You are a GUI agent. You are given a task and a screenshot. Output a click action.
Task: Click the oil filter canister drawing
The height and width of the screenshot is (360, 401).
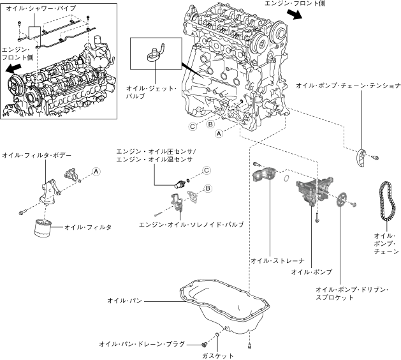click(x=43, y=228)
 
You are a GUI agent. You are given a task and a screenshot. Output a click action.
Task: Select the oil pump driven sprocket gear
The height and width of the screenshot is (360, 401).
click(x=340, y=200)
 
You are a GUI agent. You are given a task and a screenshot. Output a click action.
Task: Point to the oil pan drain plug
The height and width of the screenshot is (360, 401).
click(x=204, y=345)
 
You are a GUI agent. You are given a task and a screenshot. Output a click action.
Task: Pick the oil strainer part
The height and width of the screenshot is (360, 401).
click(x=265, y=174)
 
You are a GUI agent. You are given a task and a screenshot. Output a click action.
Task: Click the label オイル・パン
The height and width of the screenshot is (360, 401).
click(x=124, y=301)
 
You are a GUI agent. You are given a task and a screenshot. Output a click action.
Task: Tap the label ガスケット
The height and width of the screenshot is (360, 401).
click(x=217, y=356)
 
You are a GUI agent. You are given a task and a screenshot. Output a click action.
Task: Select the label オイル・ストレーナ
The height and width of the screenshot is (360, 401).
click(x=278, y=260)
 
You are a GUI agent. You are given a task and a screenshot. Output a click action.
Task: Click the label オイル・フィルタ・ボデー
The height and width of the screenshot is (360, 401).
click(x=36, y=155)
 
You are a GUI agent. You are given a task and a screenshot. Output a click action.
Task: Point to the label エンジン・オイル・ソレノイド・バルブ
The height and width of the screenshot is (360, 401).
click(x=191, y=225)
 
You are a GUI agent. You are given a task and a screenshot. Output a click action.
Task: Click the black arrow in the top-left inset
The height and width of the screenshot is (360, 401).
click(x=13, y=68)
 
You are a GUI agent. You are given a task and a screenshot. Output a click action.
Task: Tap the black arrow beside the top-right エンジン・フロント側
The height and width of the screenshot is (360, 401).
click(x=295, y=14)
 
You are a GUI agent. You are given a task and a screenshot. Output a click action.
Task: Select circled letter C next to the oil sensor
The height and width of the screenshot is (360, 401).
click(x=207, y=170)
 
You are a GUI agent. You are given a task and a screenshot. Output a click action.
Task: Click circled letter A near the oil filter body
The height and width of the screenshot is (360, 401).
click(x=96, y=171)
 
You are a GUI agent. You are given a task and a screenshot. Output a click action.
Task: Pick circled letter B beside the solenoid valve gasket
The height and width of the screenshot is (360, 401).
click(x=208, y=188)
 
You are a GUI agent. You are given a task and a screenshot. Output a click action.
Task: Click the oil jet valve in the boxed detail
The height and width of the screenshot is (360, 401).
click(x=155, y=53)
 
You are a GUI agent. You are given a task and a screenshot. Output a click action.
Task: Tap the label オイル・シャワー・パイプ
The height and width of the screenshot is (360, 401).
click(x=41, y=8)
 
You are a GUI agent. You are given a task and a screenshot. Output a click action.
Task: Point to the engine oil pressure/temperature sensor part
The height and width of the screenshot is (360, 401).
click(x=179, y=183)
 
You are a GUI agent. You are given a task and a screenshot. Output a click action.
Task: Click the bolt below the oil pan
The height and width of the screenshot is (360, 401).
click(x=249, y=346)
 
